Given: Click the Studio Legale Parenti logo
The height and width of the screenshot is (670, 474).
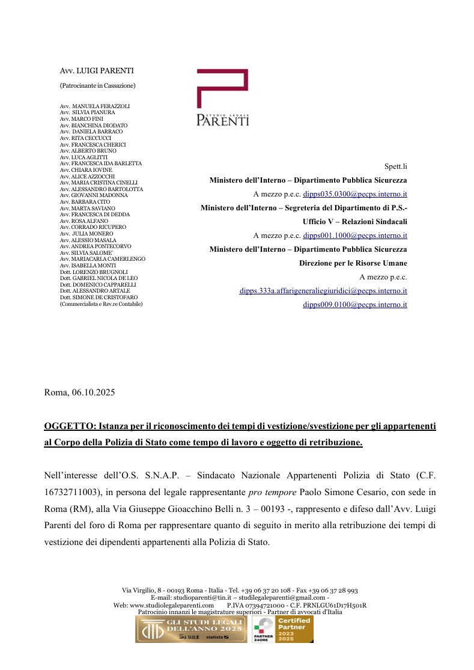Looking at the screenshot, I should click(x=222, y=98).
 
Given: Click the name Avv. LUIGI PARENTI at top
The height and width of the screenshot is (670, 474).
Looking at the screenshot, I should click(x=97, y=71).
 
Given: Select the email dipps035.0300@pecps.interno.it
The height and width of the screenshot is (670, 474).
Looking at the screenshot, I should click(x=355, y=194).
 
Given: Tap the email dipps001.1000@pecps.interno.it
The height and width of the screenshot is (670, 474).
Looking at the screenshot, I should click(x=355, y=236).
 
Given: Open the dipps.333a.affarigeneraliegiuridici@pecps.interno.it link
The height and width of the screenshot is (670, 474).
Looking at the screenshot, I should click(x=323, y=291).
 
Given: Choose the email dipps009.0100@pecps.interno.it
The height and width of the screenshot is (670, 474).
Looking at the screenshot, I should click(x=355, y=305).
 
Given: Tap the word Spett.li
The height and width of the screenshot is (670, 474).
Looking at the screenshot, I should click(x=395, y=166).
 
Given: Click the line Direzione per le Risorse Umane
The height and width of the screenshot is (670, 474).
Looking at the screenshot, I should click(x=353, y=263).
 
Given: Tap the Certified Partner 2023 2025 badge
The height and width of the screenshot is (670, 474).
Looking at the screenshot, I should click(x=282, y=629).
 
